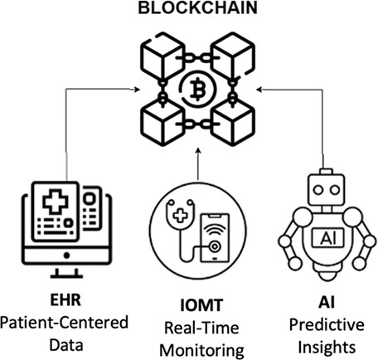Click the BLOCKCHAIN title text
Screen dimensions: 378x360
[x=197, y=7]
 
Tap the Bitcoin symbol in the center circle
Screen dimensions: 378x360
[x=197, y=90]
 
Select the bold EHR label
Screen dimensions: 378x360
[x=65, y=299]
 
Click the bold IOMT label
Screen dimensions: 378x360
[x=201, y=305]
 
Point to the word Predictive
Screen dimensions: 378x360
[x=327, y=325]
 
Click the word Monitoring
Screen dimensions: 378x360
[x=201, y=350]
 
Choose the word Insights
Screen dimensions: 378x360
[x=327, y=348]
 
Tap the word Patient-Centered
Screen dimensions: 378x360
[x=64, y=323]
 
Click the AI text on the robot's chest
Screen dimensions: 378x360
[x=327, y=238]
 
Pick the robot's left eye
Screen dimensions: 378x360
[x=318, y=190]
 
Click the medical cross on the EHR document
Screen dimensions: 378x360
[x=55, y=201]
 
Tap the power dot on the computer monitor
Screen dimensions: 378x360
[x=66, y=255]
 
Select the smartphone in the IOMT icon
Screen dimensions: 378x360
[x=215, y=237]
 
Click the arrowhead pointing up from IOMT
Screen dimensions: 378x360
[x=198, y=152]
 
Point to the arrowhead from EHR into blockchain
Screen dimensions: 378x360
[x=135, y=89]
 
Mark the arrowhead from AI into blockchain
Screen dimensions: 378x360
[x=260, y=90]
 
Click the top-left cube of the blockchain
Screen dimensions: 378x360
[x=162, y=56]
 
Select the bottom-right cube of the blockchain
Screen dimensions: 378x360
[x=233, y=122]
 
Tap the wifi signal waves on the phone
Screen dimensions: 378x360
[x=215, y=231]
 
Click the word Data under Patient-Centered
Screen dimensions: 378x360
[x=66, y=345]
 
